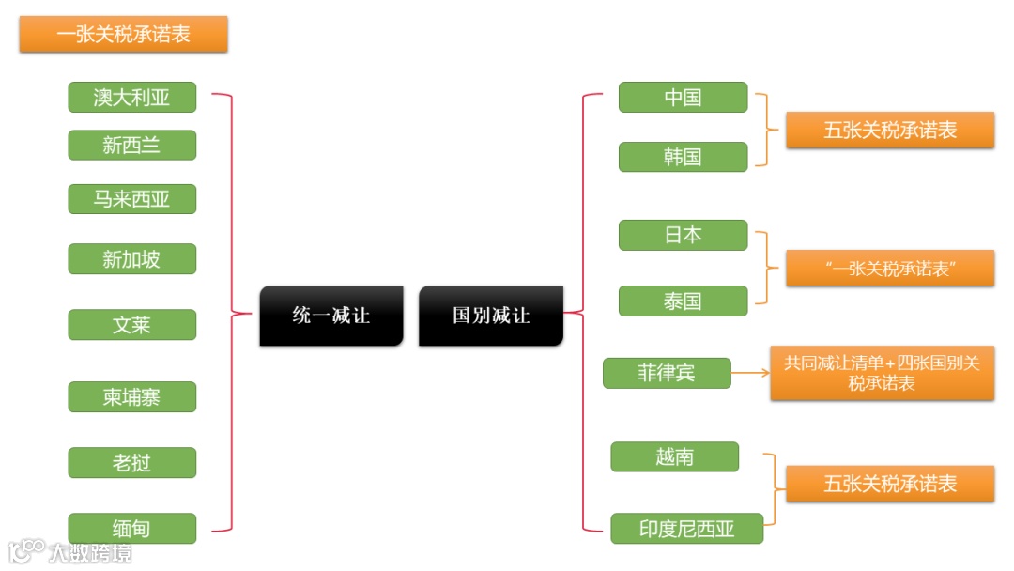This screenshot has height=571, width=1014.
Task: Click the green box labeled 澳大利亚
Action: coord(131,97)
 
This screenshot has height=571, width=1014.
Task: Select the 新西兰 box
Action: coord(131,146)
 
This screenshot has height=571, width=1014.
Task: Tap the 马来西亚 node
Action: coord(131,199)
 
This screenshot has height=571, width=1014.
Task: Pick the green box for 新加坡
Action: coord(131,259)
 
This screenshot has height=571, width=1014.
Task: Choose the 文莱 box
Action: coord(131,325)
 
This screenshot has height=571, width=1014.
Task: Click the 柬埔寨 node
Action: coord(131,397)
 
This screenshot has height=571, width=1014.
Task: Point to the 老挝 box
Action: coord(131,463)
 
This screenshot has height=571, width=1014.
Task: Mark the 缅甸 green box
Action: coord(131,529)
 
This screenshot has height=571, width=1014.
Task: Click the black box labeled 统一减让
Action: coord(330,316)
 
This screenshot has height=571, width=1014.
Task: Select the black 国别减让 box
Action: coord(490,316)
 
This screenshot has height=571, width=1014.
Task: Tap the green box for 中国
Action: coord(683,98)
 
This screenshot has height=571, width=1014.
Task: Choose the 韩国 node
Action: coord(683,157)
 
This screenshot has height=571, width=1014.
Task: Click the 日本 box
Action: coord(683,235)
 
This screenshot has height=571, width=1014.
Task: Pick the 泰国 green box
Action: coord(683,301)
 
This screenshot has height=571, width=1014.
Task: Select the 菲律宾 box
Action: coord(667,373)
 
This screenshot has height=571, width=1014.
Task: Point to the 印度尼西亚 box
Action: coord(686,529)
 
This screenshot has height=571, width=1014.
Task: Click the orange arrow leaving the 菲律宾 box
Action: coord(750,373)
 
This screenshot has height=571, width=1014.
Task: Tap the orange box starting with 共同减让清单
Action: coord(882,373)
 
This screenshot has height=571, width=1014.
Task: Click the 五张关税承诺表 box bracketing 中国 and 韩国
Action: coord(889,131)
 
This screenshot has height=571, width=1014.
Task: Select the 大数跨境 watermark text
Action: coord(90,552)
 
